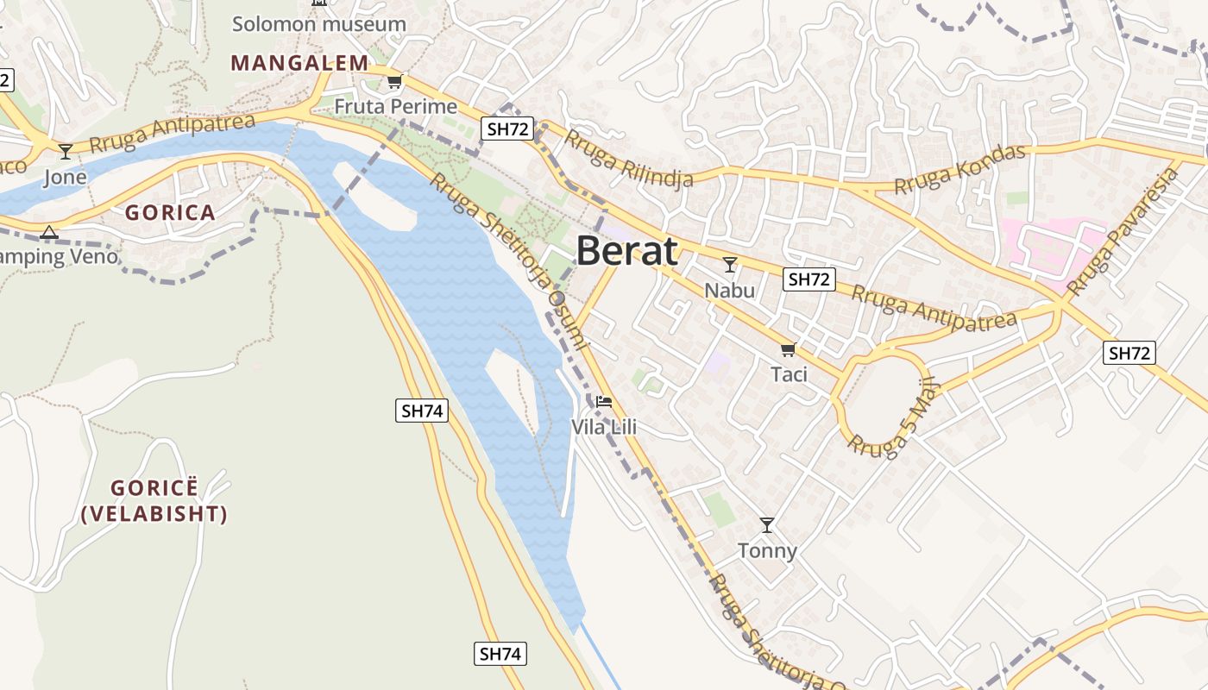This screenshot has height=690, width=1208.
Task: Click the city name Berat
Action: (x=626, y=251)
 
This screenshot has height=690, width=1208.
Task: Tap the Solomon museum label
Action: (x=318, y=24)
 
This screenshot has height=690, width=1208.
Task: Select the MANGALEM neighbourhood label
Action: (x=299, y=63)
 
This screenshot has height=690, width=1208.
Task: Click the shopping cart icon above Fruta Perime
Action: (x=394, y=82)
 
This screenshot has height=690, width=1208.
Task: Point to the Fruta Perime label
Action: (x=395, y=107)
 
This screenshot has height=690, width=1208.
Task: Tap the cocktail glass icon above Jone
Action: (x=66, y=152)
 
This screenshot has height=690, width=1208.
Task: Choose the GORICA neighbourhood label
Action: (x=170, y=213)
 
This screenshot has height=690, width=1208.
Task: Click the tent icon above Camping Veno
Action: (x=49, y=232)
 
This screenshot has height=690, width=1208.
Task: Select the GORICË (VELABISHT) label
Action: (x=154, y=501)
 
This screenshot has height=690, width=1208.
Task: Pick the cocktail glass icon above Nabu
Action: (x=730, y=264)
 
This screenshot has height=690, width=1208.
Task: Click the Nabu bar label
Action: (x=730, y=290)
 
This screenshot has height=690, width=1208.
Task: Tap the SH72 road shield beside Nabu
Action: (x=809, y=279)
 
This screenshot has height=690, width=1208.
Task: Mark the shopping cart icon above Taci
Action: (x=788, y=349)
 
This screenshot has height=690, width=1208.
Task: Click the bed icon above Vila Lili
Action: (x=604, y=402)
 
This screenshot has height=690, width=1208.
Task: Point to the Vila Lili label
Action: (x=604, y=427)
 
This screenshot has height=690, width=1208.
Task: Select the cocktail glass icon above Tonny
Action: (x=767, y=524)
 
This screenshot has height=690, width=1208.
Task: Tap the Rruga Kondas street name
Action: (x=959, y=169)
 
